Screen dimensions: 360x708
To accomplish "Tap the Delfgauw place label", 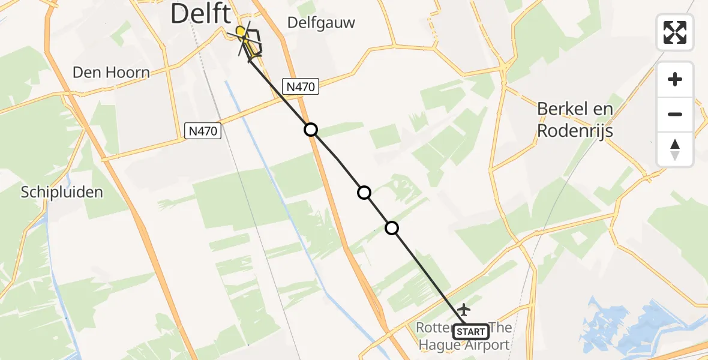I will (321, 23).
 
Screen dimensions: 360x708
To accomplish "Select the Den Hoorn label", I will (111, 73).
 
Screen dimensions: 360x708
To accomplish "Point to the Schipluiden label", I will (62, 192).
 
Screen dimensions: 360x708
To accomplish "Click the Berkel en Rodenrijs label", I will (575, 119).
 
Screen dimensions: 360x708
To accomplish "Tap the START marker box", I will (471, 332).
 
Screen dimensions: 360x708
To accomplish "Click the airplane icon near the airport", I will (463, 310).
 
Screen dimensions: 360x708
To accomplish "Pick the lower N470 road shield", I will (203, 130).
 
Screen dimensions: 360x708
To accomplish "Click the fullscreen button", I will (675, 32).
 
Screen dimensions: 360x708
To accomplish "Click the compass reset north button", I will (675, 149).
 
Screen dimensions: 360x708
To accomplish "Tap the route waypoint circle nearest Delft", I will (310, 129).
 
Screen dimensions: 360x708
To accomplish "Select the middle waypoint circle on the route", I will (364, 193).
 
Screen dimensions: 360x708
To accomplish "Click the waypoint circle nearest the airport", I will (391, 228).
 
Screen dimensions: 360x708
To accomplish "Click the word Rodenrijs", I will (575, 131).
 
